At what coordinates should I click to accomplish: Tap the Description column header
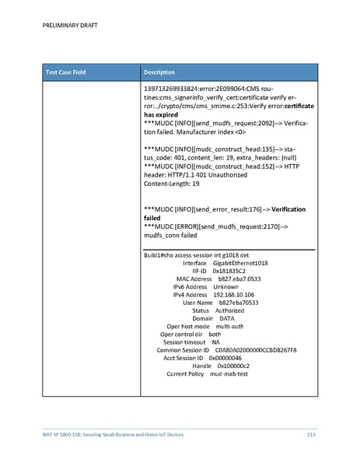click(x=163, y=72)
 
